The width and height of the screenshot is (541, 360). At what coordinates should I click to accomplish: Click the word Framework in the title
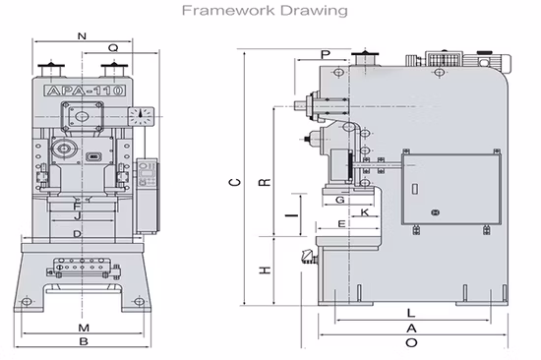pos(229,11)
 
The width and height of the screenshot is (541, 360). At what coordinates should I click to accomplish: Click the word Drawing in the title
pos(314,11)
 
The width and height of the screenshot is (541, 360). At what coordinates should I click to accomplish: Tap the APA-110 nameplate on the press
pos(85,90)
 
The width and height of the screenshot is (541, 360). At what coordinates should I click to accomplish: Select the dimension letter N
pos(82,35)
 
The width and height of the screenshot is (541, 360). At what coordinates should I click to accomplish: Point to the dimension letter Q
pos(113,47)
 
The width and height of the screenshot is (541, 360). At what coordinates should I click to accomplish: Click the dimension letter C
pos(235,182)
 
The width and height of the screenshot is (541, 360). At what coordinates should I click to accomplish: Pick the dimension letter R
pos(265,182)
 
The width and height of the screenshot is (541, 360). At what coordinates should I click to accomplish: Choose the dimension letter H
pos(265,270)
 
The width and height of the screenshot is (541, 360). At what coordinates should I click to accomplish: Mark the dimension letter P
pos(326,54)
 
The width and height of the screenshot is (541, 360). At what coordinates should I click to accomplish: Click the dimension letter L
pos(410,313)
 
